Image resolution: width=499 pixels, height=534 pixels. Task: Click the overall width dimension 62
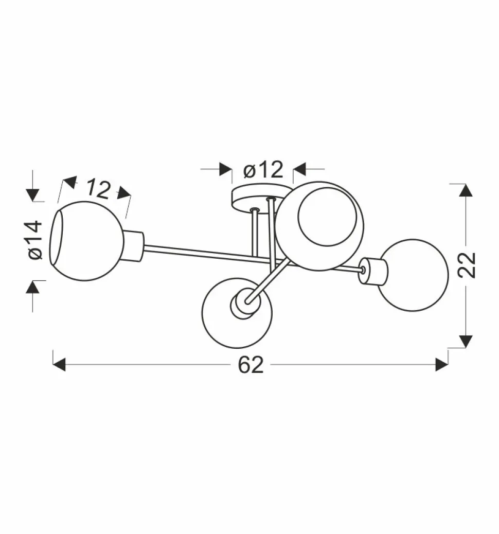pyautogui.click(x=251, y=365)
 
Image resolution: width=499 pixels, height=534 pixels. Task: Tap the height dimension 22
pyautogui.click(x=466, y=265)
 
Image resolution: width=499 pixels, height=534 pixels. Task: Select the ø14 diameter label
pyautogui.click(x=35, y=240)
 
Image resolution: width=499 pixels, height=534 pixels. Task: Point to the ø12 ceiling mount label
pyautogui.click(x=263, y=169)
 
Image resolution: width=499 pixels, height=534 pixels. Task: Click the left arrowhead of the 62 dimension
pyautogui.click(x=59, y=364)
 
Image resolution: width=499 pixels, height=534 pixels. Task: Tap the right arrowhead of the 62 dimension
pyautogui.click(x=442, y=364)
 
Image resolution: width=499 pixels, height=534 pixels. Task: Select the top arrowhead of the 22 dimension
pyautogui.click(x=466, y=190)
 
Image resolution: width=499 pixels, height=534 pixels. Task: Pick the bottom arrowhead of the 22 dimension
pyautogui.click(x=466, y=341)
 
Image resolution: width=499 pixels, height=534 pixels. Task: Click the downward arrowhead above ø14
pyautogui.click(x=33, y=195)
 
